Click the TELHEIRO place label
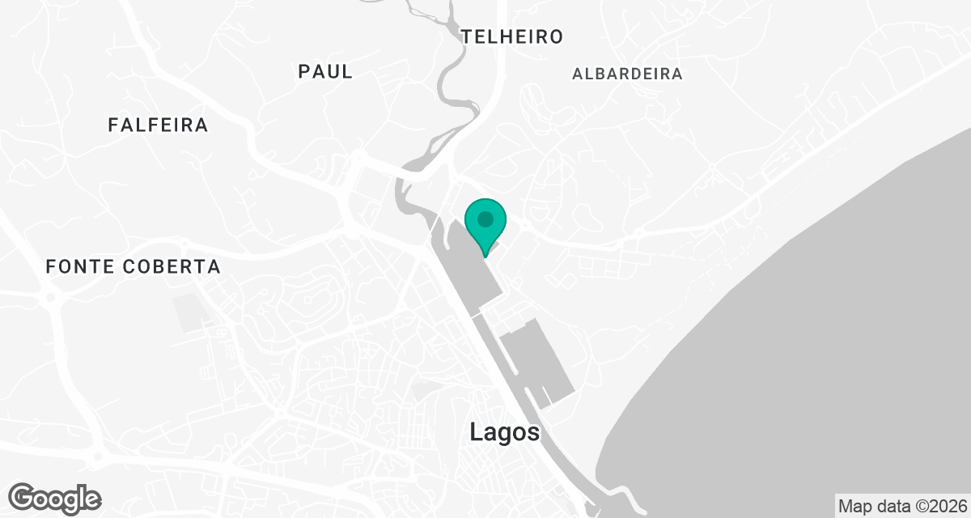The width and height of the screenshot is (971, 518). (511, 36)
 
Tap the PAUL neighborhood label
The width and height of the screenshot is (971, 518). (325, 71)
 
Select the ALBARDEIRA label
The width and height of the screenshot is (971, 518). (627, 74)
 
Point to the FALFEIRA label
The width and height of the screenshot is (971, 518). (158, 125)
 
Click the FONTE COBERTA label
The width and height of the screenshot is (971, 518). (133, 266)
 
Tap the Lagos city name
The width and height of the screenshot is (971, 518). (504, 432)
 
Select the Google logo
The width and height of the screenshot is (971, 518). (55, 498)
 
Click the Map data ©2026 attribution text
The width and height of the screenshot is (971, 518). (902, 506)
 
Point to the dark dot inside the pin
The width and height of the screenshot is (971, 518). (485, 219)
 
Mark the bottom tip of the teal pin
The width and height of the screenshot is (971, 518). (485, 256)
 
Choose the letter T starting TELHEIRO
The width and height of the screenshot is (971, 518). (467, 36)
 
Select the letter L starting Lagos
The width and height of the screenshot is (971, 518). (476, 432)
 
